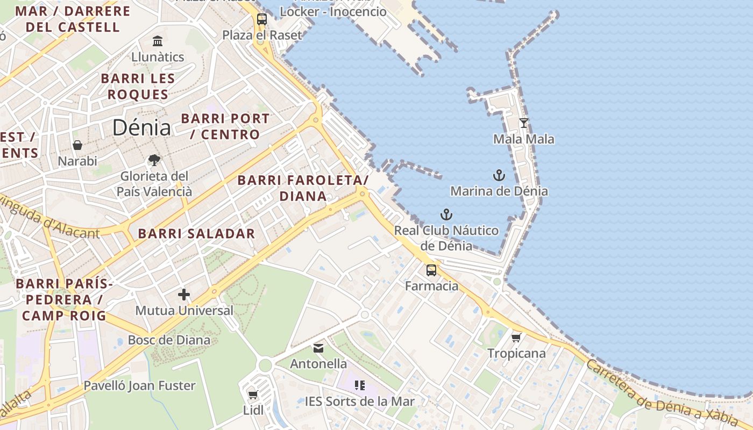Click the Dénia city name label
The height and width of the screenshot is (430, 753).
click(141, 128)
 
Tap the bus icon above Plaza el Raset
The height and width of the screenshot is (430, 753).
click(262, 19)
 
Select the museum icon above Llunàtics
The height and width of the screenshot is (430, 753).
click(158, 41)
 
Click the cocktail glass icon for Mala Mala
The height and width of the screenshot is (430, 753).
click(523, 123)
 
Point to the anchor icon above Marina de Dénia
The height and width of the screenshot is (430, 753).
click(499, 175)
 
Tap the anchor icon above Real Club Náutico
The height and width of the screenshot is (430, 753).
click(446, 214)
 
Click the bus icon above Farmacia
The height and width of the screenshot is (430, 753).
click(431, 270)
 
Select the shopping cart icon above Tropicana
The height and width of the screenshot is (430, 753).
click(516, 338)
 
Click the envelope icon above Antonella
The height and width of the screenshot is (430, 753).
click(318, 348)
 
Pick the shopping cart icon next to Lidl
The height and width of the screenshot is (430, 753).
click(253, 395)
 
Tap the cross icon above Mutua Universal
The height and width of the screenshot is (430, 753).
click(184, 295)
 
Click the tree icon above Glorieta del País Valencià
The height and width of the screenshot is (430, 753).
click(154, 160)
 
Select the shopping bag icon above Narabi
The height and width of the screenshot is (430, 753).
click(77, 145)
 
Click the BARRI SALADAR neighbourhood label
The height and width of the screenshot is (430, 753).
click(196, 234)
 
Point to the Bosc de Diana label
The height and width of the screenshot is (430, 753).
click(169, 340)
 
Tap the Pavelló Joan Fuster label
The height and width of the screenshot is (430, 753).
click(139, 385)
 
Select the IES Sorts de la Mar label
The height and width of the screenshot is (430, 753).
click(359, 402)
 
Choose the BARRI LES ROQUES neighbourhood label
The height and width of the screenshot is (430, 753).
click(138, 87)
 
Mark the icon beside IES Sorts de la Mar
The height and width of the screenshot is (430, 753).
click(359, 385)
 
